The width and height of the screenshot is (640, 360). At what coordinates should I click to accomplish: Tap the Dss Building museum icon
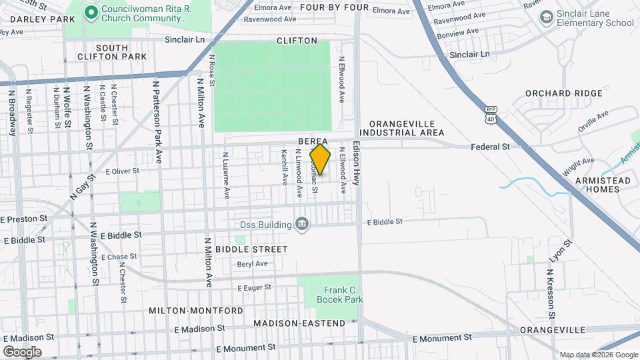click(x=302, y=223)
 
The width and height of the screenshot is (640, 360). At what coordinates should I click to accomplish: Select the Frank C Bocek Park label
click(x=343, y=295)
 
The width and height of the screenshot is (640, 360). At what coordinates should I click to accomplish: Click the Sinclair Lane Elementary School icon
click(x=547, y=17)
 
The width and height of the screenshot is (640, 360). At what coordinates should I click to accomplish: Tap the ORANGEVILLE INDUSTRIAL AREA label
click(x=407, y=128)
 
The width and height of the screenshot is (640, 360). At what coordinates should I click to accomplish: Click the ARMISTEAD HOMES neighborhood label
click(x=593, y=185)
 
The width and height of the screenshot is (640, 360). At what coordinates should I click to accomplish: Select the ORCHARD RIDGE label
click(x=563, y=93)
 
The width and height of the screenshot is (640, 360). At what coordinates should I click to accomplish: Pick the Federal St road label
click(x=490, y=146)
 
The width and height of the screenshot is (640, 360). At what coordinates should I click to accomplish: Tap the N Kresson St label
click(x=551, y=294)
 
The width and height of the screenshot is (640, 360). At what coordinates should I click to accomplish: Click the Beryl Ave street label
click(x=252, y=263)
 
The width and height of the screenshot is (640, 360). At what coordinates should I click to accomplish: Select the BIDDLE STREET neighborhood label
click(x=261, y=249)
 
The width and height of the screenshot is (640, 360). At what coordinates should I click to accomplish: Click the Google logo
click(x=22, y=351)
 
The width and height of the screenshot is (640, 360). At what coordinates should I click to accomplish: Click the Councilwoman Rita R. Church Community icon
click(x=89, y=11)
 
